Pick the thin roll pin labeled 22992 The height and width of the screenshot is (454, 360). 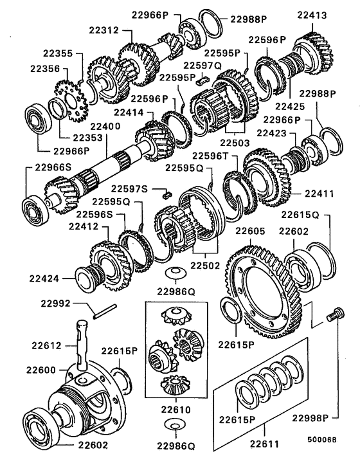pyautogui.click(x=104, y=314)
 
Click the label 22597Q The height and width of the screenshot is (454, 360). pyautogui.click(x=203, y=65)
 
